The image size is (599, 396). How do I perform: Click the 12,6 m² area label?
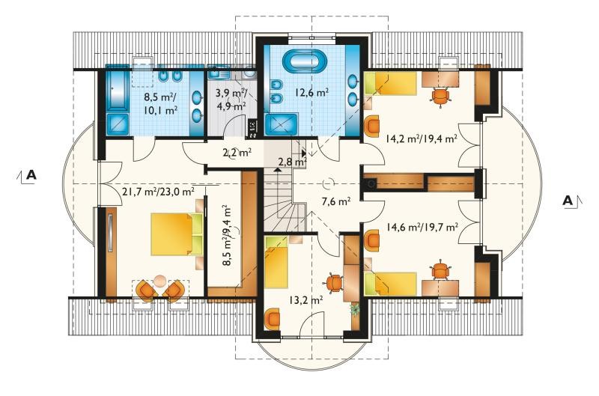pos(311,93)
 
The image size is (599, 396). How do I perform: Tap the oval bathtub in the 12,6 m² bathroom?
pos(305,62)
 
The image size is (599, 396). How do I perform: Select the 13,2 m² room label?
pos(305,300)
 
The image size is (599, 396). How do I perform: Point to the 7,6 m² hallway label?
pos(336,201)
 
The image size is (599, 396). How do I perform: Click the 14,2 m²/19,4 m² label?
pos(422,138)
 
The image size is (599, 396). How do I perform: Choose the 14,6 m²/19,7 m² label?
pos(422,228)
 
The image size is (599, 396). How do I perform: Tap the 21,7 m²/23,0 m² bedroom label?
pos(158,192)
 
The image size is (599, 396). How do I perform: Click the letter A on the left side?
pos(31,175)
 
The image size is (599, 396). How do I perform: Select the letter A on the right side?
pos(568,201)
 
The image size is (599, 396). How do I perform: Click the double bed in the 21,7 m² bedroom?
pos(177,234)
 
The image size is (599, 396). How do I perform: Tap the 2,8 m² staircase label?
pos(292,162)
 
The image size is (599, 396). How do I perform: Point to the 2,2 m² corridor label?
pos(237,153)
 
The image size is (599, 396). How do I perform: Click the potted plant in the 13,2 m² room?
pos(355,309)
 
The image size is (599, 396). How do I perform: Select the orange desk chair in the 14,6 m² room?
pos(441,270)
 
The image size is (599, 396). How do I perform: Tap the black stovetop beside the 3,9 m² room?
pos(253,129)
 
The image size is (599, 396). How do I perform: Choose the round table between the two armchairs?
pos(159,281)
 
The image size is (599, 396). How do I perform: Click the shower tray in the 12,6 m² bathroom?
pos(282,124)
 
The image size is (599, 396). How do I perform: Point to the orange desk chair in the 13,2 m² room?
pos(334,283)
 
